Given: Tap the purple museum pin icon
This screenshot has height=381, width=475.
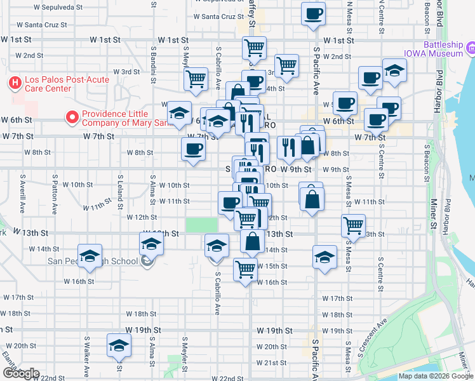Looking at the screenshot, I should [471, 48].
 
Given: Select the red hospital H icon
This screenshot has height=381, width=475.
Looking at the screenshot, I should [15, 83].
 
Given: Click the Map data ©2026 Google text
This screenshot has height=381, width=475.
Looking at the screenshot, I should [436, 376].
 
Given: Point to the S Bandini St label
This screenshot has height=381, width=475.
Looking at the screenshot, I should [154, 61].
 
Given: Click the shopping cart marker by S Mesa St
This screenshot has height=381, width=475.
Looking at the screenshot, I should [353, 225].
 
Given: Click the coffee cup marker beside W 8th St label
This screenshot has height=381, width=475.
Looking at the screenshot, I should [194, 150].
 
